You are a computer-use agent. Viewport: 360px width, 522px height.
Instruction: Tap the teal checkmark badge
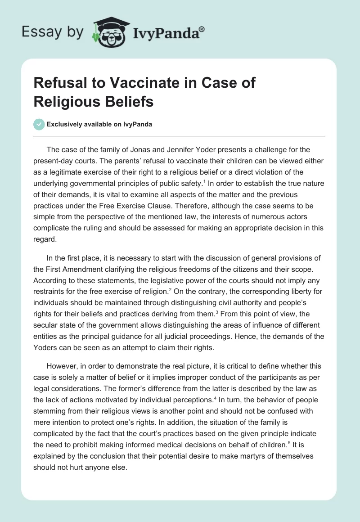point(39,124)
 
